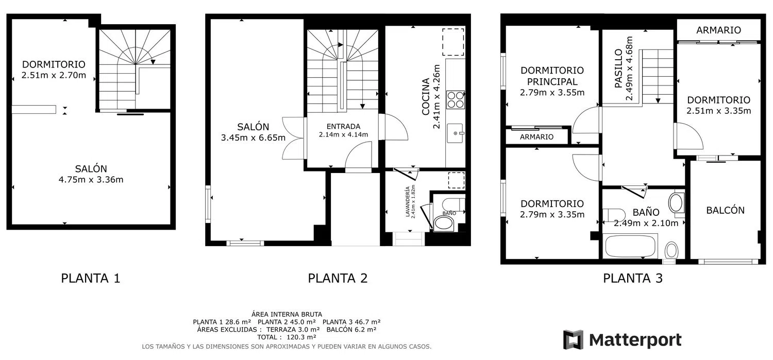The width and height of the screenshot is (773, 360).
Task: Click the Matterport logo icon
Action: pyautogui.click(x=573, y=339)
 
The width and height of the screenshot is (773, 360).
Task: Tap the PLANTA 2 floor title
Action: pyautogui.click(x=338, y=278)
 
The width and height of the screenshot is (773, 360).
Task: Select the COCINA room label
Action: pyautogui.click(x=426, y=96)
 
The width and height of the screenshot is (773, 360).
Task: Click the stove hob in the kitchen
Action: pyautogui.click(x=456, y=99)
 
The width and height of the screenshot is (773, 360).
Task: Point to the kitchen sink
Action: pyautogui.click(x=456, y=133)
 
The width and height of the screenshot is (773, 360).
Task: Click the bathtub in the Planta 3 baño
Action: pyautogui.click(x=630, y=246)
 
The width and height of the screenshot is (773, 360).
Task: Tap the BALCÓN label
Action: pyautogui.click(x=726, y=210)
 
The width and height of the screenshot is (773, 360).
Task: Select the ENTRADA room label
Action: pyautogui.click(x=343, y=127)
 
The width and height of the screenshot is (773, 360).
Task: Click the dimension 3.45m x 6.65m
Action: pyautogui.click(x=254, y=138)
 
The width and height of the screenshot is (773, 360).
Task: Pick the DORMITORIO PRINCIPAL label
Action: pyautogui.click(x=552, y=76)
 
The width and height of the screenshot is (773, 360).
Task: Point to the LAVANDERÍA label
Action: pyautogui.click(x=408, y=202)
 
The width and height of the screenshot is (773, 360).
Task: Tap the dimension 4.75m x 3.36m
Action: pyautogui.click(x=91, y=180)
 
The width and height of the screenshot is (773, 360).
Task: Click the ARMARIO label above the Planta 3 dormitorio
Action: pyautogui.click(x=718, y=30)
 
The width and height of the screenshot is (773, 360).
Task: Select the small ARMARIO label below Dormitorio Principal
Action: pyautogui.click(x=536, y=137)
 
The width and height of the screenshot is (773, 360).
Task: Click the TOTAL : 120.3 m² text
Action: pyautogui.click(x=287, y=337)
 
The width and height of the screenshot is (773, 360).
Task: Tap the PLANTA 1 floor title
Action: pyautogui.click(x=90, y=278)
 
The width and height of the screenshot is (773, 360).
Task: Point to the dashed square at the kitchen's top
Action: pyautogui.click(x=453, y=42)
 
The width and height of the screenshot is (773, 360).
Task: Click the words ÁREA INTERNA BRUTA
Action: pyautogui.click(x=287, y=315)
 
